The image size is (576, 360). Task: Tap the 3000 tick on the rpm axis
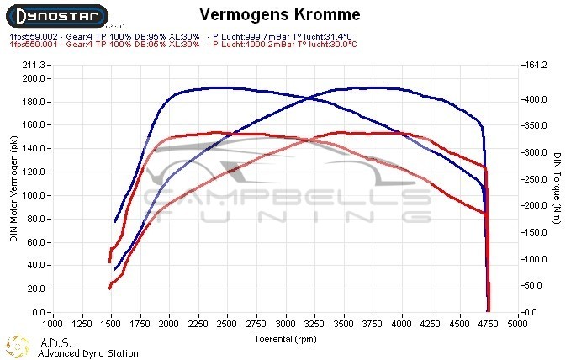point(287,322)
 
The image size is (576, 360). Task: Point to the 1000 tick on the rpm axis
point(52,322)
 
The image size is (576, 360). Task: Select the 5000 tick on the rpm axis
point(521,322)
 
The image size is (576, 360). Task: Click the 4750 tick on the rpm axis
point(491,322)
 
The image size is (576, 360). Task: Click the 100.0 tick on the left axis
point(34,195)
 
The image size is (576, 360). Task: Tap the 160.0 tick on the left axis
point(34,124)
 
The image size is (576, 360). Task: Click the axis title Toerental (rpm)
point(287,339)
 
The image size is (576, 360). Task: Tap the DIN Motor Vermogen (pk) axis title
point(13,189)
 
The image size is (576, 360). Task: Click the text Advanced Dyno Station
point(87,353)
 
